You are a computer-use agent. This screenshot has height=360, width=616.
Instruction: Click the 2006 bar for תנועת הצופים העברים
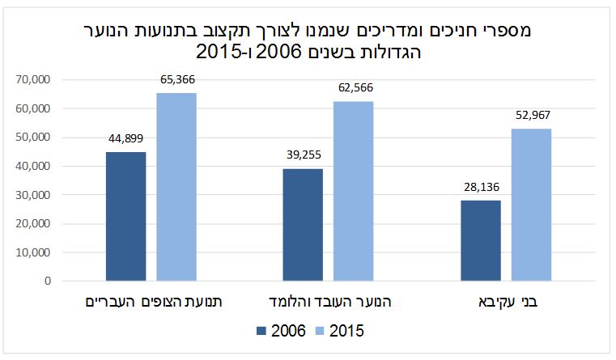point(126,217)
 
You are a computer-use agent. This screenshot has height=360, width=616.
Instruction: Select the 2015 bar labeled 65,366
point(176,187)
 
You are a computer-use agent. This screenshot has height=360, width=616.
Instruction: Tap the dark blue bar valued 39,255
point(303,225)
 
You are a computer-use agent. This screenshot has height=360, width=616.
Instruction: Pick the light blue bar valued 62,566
point(354,191)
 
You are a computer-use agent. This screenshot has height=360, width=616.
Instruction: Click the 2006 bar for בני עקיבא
point(480,241)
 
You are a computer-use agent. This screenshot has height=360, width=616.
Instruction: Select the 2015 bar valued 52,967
point(531,205)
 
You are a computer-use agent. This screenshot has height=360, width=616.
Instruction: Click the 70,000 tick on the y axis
point(33,80)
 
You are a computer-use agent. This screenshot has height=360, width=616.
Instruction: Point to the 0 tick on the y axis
point(48,282)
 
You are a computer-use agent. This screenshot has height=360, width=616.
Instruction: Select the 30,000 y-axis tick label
point(33,195)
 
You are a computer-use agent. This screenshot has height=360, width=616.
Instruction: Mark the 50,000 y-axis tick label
point(33,138)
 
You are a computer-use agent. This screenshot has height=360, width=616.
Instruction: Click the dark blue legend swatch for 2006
point(261,331)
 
